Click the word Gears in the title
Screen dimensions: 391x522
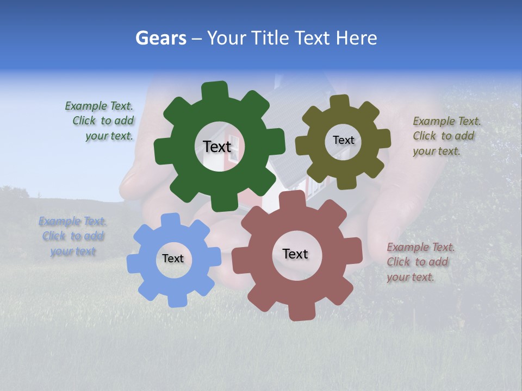click(161, 38)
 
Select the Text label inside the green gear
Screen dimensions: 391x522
click(217, 147)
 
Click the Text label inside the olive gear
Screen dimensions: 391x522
click(343, 140)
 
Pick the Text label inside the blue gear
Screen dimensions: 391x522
click(173, 258)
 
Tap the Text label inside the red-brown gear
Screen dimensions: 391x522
click(295, 254)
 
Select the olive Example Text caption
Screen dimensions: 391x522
click(446, 136)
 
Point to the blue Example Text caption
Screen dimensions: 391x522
click(72, 236)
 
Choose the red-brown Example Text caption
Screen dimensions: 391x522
click(420, 262)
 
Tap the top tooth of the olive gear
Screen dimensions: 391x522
click(340, 101)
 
